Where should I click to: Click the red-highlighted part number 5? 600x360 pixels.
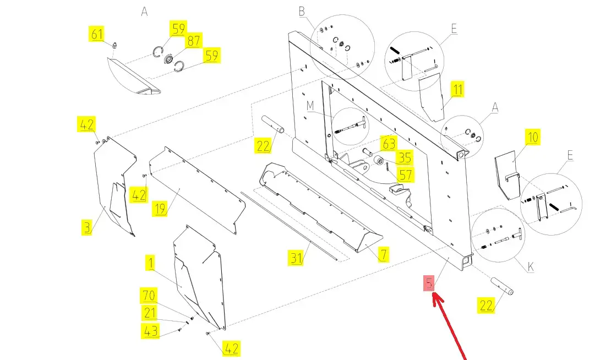(x=429, y=283)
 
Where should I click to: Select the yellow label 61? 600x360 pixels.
(x=97, y=34)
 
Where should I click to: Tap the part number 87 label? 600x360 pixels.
(x=194, y=41)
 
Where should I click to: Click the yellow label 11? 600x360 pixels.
(x=458, y=89)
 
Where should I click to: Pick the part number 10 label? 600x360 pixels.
(x=533, y=137)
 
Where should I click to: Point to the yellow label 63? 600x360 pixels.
(x=389, y=144)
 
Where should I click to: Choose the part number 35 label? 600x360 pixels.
(x=405, y=158)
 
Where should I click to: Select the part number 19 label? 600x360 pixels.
(x=160, y=209)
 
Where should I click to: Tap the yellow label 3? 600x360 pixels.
(x=87, y=227)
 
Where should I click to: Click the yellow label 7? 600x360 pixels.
(x=383, y=254)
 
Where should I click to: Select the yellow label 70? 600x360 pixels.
(x=148, y=296)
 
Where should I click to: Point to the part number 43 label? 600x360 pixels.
(x=150, y=331)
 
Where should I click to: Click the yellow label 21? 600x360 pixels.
(x=150, y=313)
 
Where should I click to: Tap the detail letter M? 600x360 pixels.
(x=310, y=105)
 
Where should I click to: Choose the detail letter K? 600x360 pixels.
(x=531, y=267)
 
